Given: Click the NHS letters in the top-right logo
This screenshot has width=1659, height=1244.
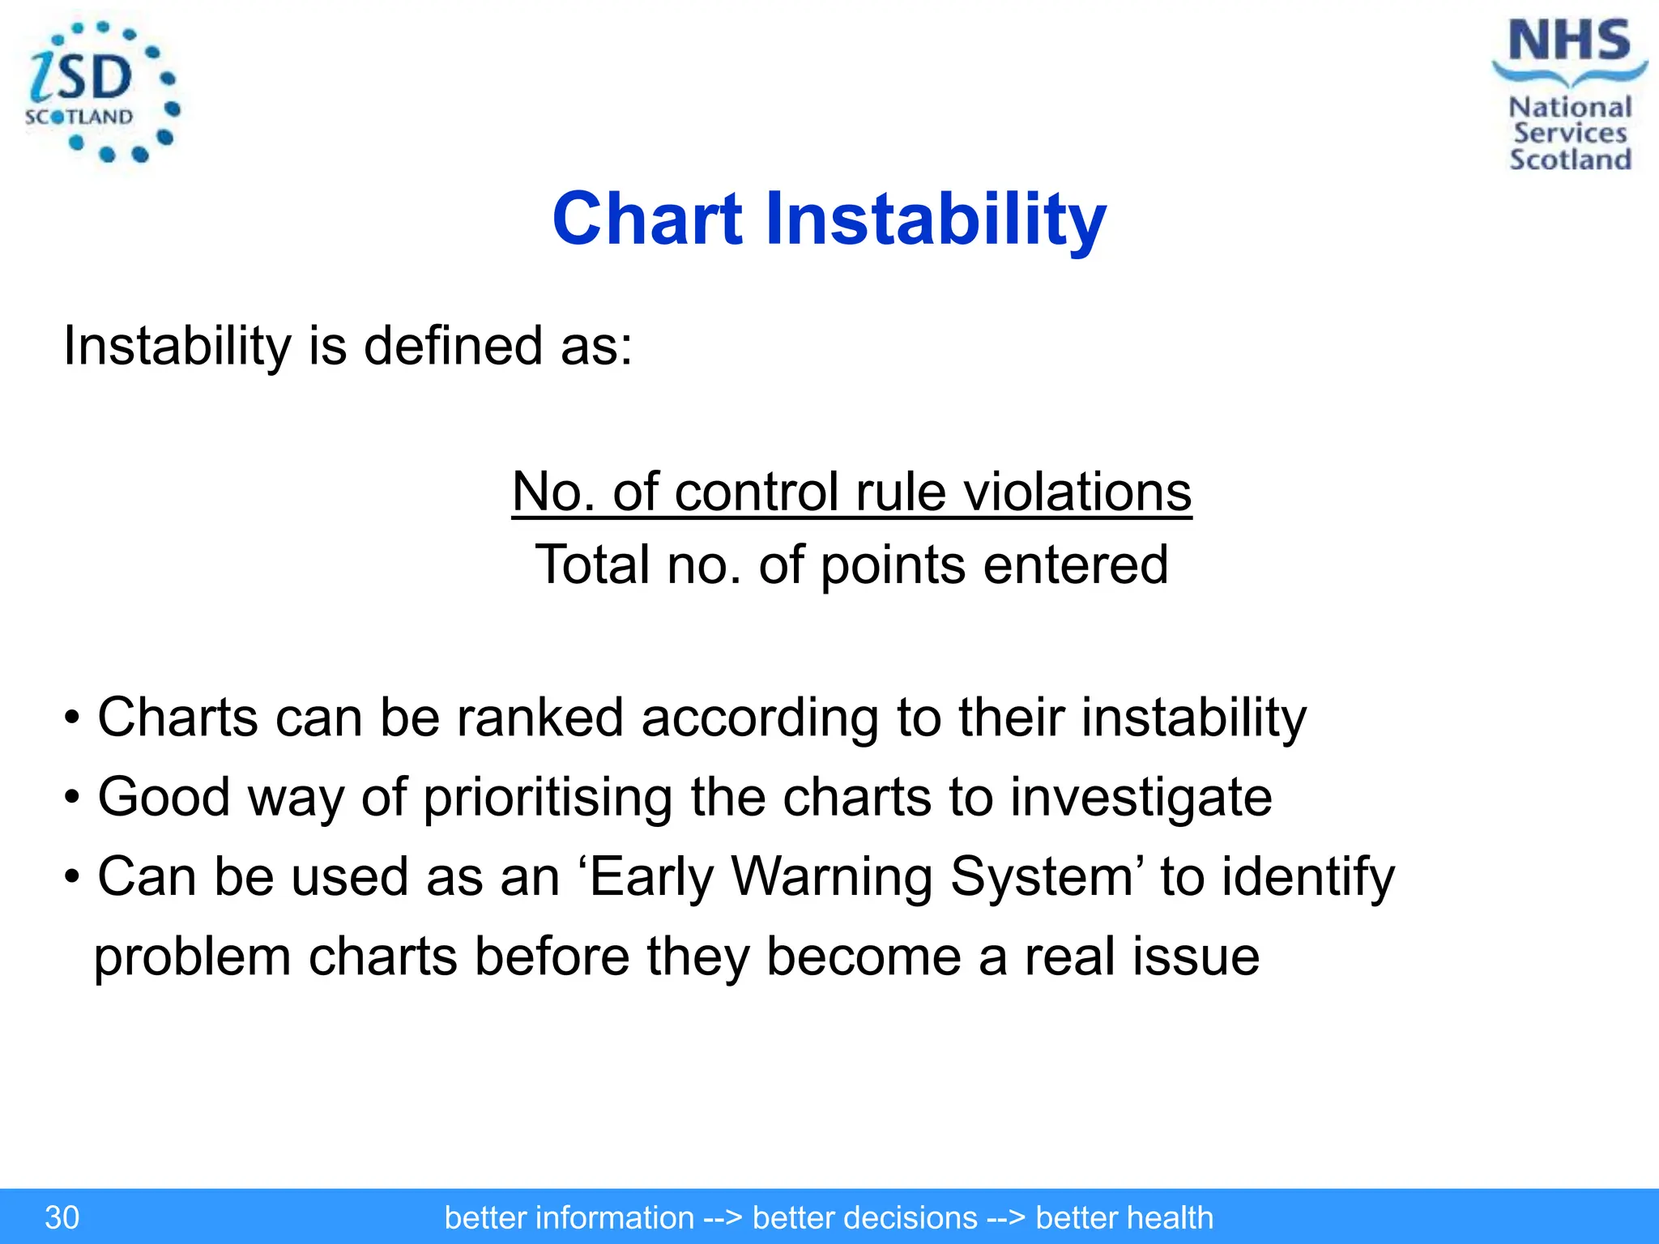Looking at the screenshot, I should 1569,42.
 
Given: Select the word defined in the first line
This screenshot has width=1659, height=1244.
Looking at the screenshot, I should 453,346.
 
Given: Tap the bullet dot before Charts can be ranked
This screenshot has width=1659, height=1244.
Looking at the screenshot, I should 73,719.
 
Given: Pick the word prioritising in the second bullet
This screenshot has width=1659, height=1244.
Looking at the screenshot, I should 548,797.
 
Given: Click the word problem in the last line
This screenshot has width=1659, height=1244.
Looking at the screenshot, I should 193,957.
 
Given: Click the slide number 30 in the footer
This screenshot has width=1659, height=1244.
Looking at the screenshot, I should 62,1217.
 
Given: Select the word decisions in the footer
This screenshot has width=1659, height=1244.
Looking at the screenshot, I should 864,1217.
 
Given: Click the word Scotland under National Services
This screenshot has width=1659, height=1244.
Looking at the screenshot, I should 1570,160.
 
